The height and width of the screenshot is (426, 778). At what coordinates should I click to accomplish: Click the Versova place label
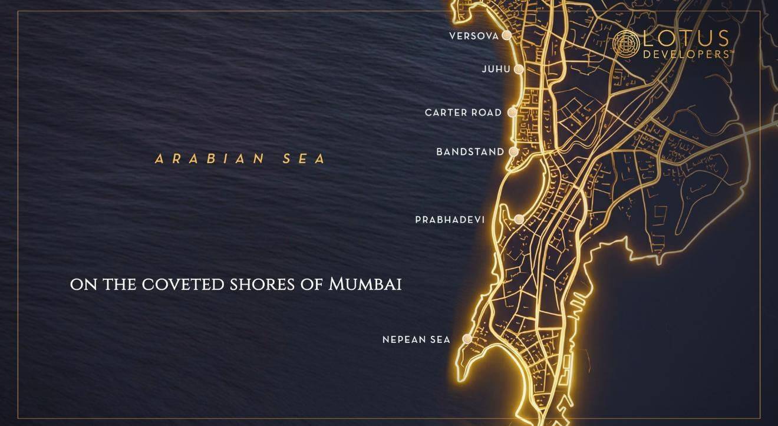(474, 36)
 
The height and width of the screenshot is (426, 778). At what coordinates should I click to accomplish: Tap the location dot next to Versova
(506, 35)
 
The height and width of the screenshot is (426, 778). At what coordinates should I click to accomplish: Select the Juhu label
(496, 69)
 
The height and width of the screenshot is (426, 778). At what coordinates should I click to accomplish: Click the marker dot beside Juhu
(519, 69)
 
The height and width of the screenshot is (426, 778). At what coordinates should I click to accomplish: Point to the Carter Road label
(463, 113)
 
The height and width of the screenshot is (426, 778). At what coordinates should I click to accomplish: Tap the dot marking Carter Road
(513, 112)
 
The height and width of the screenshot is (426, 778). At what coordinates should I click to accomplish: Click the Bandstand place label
(470, 152)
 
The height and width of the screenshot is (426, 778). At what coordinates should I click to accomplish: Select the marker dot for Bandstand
(513, 151)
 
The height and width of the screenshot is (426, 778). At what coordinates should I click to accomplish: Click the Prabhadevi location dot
(519, 219)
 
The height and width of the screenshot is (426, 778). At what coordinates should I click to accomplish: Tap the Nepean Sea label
(416, 339)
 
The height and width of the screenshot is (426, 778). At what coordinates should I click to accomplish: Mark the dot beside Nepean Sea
(467, 339)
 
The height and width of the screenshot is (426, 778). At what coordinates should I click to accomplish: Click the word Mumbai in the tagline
(365, 285)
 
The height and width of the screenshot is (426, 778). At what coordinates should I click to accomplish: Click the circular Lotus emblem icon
(627, 43)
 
